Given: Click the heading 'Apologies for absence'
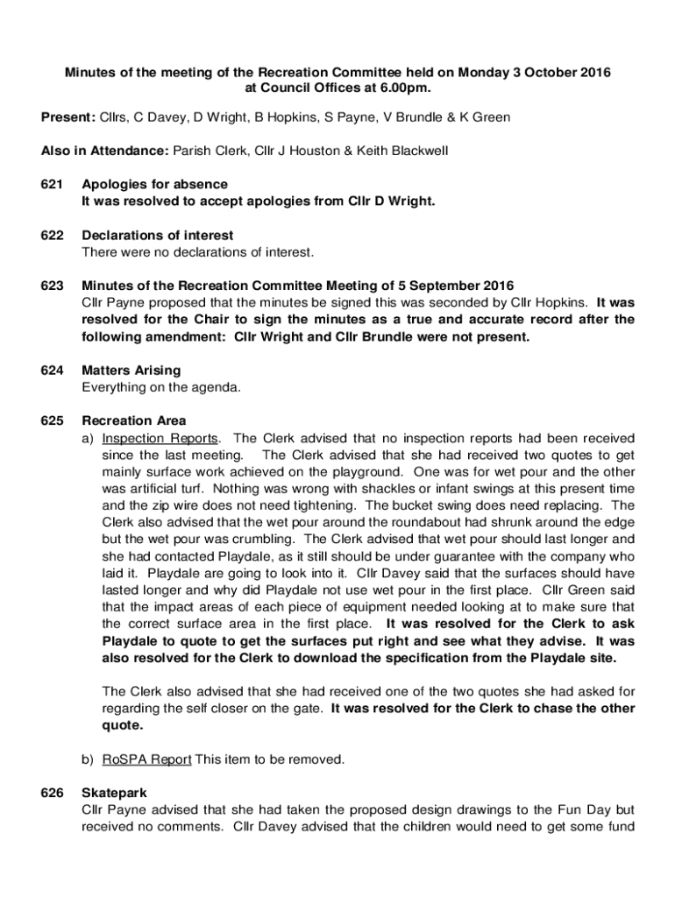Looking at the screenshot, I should (x=154, y=185).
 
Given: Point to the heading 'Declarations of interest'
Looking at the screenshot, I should (x=157, y=236).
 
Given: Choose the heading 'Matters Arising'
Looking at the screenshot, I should (x=131, y=371).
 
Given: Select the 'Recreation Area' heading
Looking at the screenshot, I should (x=133, y=421).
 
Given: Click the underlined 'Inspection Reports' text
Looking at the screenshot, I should (x=160, y=438).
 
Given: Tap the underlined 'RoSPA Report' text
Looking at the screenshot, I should (x=146, y=759).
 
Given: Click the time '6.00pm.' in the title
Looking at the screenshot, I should (x=405, y=88).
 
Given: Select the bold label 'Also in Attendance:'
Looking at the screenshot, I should (x=105, y=152).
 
